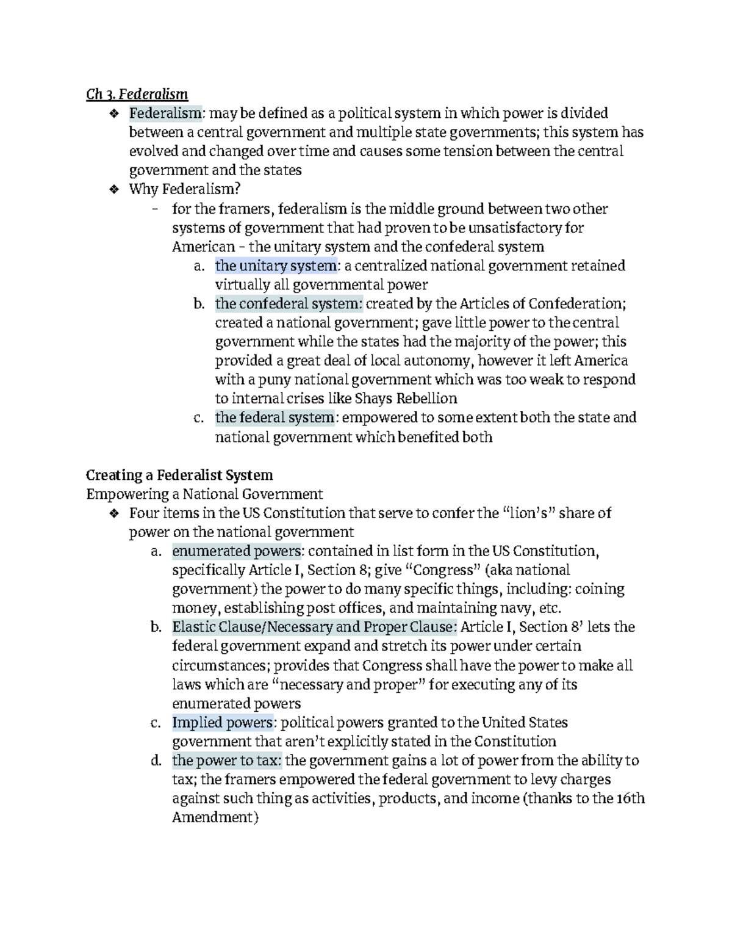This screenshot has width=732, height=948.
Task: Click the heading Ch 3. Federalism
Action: pyautogui.click(x=137, y=94)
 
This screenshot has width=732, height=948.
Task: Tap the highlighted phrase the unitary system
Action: pyautogui.click(x=275, y=266)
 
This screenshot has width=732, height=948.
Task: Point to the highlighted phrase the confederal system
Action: pyautogui.click(x=289, y=303)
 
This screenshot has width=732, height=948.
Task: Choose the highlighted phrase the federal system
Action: pyautogui.click(x=274, y=418)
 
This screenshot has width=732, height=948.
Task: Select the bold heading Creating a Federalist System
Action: pyautogui.click(x=179, y=475)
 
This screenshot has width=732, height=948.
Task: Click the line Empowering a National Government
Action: pyautogui.click(x=204, y=494)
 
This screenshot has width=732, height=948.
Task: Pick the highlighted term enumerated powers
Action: pyautogui.click(x=237, y=551)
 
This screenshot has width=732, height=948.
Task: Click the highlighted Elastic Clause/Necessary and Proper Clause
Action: pyautogui.click(x=314, y=627)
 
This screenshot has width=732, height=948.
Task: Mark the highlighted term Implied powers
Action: pyautogui.click(x=222, y=723)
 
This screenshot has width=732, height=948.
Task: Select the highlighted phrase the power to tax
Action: pyautogui.click(x=227, y=761)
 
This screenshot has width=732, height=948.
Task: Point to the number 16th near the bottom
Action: pyautogui.click(x=630, y=798)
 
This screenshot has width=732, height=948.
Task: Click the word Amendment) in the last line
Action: pyautogui.click(x=215, y=817)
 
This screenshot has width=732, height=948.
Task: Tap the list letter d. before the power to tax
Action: pyautogui.click(x=156, y=761)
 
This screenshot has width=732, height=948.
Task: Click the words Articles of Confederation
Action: pyautogui.click(x=541, y=303)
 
